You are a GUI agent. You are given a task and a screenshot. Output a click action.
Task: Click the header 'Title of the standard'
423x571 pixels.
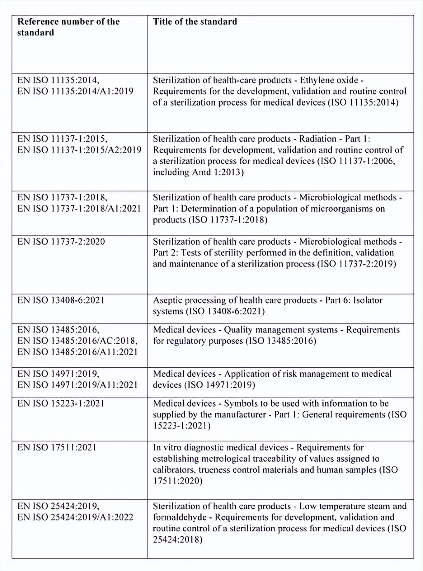point(195,21)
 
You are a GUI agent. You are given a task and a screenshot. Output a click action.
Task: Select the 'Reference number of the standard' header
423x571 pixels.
point(68,27)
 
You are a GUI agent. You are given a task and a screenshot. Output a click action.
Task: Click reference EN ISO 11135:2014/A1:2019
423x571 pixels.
point(75,91)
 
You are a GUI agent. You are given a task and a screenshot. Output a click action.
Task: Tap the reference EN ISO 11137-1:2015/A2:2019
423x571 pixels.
point(79,150)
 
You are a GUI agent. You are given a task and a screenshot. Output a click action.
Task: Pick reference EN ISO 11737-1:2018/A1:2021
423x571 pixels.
point(79,208)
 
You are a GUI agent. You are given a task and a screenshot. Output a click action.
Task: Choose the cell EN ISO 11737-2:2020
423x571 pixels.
point(61,241)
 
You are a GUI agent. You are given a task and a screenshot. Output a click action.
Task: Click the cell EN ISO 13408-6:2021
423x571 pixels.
point(61,300)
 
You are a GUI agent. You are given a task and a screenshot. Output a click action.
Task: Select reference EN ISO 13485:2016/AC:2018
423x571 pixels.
point(78,341)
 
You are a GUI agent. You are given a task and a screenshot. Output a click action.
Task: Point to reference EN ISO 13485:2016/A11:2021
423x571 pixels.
point(78,352)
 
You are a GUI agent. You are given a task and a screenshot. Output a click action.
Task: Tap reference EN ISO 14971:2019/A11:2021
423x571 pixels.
point(78,385)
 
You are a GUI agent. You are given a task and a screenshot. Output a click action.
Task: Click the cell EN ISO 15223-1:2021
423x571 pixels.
point(61,403)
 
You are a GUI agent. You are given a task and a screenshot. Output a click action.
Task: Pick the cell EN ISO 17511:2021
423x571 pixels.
point(56,447)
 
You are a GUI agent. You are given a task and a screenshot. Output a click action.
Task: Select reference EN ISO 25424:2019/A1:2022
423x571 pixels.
point(75,517)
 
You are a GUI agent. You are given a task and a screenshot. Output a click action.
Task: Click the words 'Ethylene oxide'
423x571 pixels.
point(329,80)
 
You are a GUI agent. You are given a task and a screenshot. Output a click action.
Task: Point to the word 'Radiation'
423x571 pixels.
point(317,139)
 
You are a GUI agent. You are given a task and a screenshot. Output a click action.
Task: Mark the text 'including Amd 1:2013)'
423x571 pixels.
point(198,172)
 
